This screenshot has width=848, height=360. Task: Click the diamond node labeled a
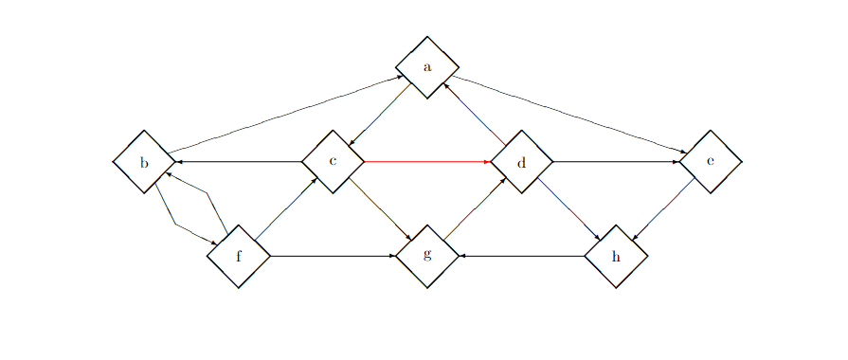[x=427, y=67]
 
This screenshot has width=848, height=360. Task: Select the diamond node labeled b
[x=144, y=162]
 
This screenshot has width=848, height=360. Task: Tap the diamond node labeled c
[x=333, y=162]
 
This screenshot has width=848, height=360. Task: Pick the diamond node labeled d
[x=521, y=162]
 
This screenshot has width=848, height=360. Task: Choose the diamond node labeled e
[x=711, y=162]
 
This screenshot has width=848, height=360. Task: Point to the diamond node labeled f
[x=239, y=256]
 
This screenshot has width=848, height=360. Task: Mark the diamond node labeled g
[x=427, y=256]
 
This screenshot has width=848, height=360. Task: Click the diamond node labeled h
[x=616, y=256]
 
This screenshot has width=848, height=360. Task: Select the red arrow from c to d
[x=426, y=162]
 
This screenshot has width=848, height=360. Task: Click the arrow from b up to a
[x=284, y=115]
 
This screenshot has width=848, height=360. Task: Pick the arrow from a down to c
[x=380, y=115]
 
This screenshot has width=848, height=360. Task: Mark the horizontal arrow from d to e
[x=616, y=162]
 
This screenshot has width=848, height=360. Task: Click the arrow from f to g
[x=333, y=256]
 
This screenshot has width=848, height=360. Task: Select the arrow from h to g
[x=521, y=256]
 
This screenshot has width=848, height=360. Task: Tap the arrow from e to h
[x=663, y=209]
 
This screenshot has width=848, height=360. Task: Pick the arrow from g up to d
[x=474, y=209]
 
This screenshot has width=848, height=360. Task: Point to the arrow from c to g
[x=380, y=209]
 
